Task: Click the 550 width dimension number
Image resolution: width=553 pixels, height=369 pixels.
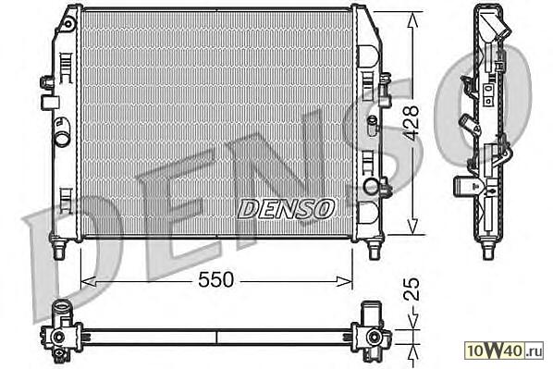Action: (215, 279)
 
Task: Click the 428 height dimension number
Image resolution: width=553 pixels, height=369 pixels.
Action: (412, 123)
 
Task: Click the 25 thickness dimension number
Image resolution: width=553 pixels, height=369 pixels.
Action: (412, 289)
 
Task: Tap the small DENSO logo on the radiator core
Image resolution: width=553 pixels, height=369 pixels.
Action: (286, 208)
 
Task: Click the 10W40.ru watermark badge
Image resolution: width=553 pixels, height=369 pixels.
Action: (504, 351)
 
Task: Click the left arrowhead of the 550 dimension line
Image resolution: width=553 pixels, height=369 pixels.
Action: (88, 281)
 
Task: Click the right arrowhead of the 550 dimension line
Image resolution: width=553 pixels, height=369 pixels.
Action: (345, 281)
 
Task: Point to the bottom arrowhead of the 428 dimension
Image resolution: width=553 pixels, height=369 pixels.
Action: (412, 227)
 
